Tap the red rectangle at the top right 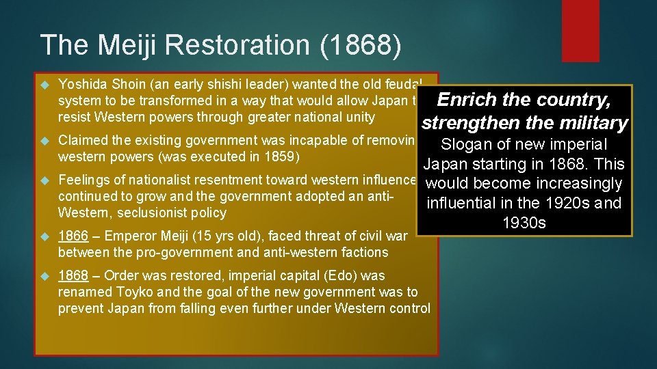tap(579, 31)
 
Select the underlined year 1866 tap(73, 236)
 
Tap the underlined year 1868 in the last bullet tap(73, 276)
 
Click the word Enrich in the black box tap(466, 100)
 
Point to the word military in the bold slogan tap(593, 123)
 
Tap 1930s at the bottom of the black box tap(524, 223)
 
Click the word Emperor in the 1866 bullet tap(129, 236)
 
